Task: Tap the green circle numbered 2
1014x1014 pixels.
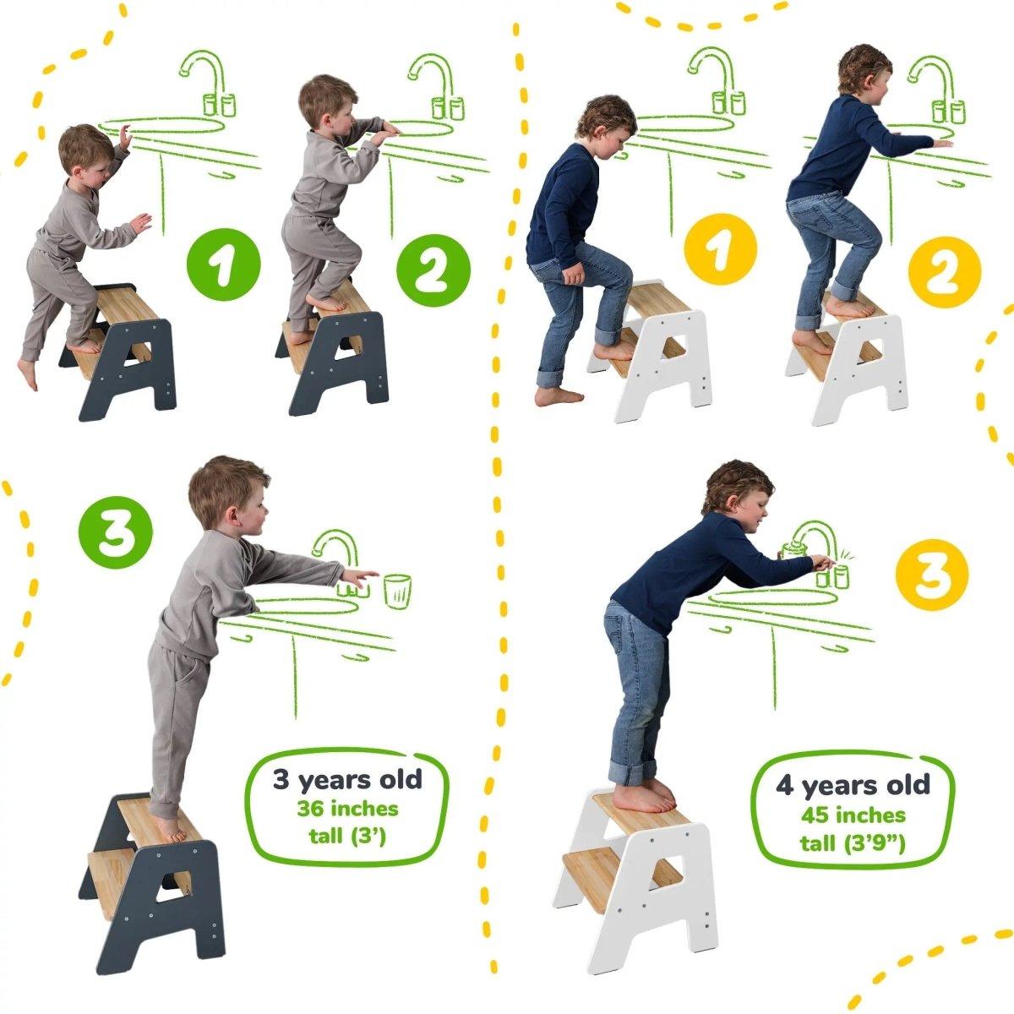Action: [433, 270]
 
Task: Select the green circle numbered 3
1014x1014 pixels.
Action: [116, 533]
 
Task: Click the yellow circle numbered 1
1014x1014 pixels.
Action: [720, 250]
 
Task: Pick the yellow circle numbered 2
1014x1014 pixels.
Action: [944, 271]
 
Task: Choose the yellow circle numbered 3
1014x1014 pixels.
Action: [932, 575]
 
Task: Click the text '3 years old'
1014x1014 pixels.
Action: [346, 779]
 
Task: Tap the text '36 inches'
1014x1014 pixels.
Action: [346, 809]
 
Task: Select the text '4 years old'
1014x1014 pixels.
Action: [853, 785]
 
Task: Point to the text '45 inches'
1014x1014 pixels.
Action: [853, 815]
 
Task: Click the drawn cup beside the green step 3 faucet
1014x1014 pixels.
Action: [397, 590]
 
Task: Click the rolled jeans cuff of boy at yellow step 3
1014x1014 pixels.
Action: [632, 771]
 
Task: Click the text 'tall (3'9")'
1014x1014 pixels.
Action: [853, 843]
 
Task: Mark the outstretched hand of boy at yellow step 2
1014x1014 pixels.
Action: [941, 144]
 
